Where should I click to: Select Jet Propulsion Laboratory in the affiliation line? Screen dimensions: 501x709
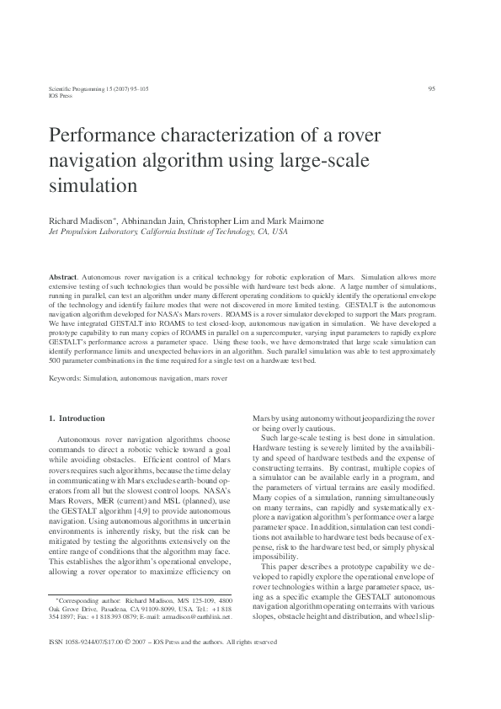point(88,231)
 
